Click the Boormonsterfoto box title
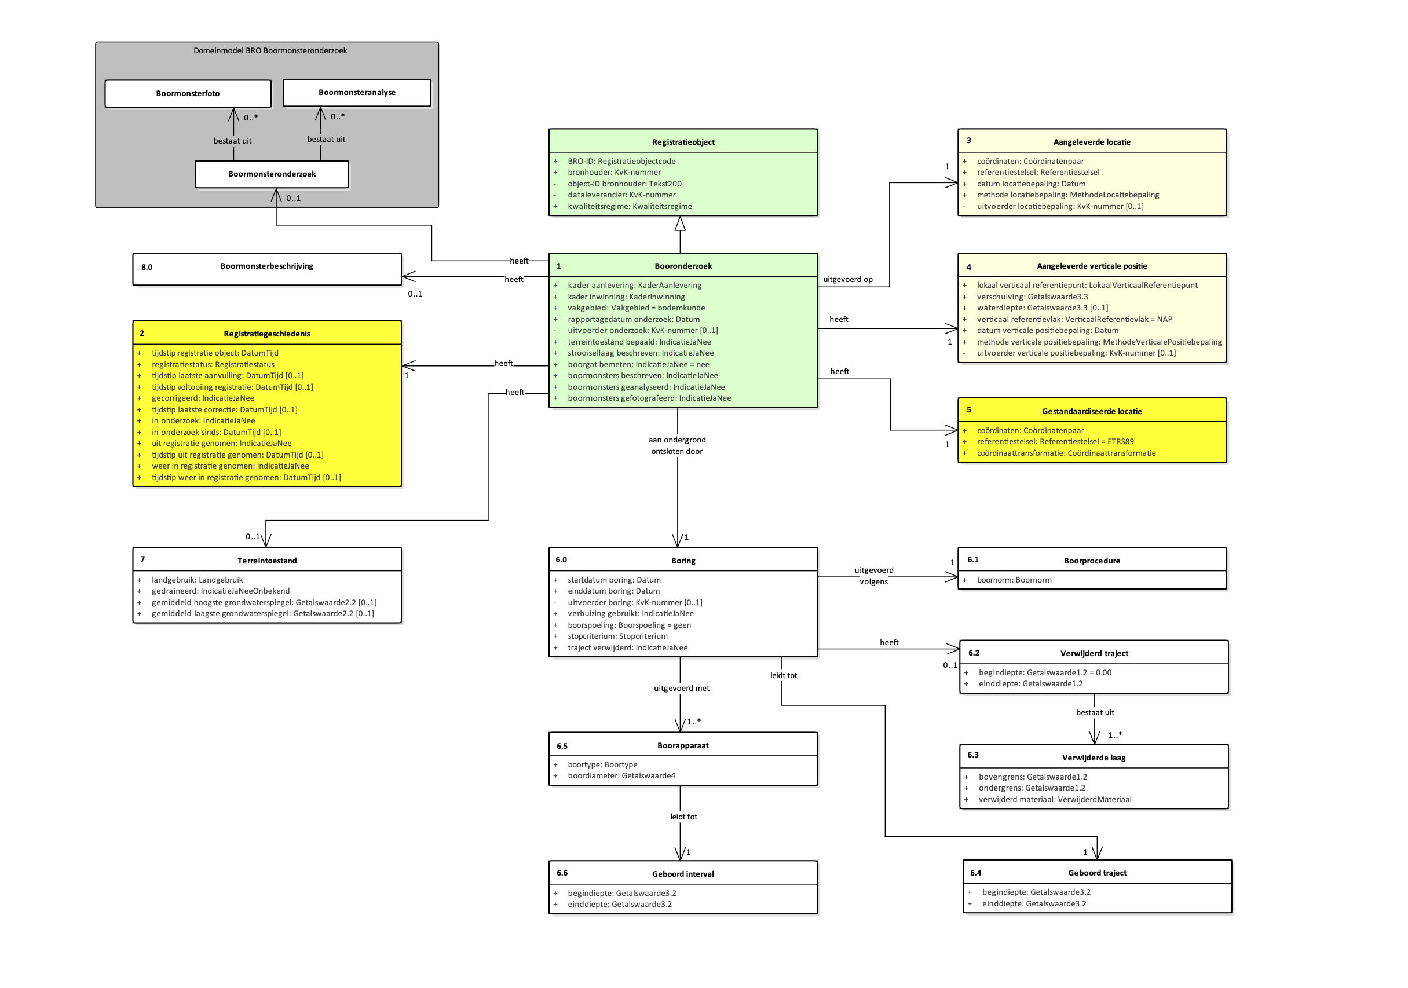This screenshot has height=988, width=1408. click(188, 93)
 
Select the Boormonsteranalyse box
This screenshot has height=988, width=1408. click(356, 92)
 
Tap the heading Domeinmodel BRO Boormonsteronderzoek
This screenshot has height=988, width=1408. click(270, 50)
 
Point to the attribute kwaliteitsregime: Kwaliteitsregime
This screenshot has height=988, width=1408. click(629, 206)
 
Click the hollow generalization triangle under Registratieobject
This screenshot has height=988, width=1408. click(679, 224)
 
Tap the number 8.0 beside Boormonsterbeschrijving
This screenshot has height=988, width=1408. click(147, 267)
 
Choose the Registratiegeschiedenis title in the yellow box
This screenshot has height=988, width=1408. click(267, 333)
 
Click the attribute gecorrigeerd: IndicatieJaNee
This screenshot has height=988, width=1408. click(202, 397)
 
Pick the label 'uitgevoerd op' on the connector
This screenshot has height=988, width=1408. click(847, 279)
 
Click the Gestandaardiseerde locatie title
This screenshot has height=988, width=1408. click(1091, 411)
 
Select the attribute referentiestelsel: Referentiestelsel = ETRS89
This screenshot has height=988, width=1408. click(1055, 441)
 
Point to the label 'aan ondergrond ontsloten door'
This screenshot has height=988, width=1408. click(676, 445)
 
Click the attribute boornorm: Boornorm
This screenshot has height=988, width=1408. click(1014, 580)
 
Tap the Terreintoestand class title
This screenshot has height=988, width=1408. click(267, 561)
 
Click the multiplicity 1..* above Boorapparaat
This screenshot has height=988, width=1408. click(694, 721)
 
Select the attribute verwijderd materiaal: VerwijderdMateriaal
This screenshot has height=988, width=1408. click(1054, 799)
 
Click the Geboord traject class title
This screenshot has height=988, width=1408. click(1096, 873)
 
